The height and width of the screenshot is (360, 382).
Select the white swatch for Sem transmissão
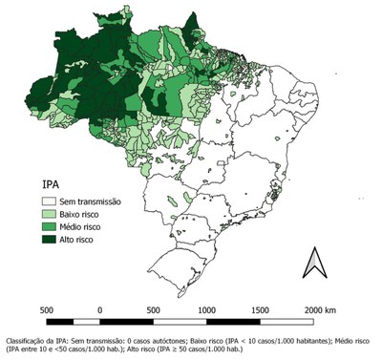point(51,201)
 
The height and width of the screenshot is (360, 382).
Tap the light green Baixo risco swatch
point(51,215)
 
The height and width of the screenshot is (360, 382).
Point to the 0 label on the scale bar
point(100,310)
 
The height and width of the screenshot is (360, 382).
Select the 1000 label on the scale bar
point(205,310)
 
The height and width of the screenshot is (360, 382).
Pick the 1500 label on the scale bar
point(257,310)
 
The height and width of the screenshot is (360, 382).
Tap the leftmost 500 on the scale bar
point(47,310)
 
